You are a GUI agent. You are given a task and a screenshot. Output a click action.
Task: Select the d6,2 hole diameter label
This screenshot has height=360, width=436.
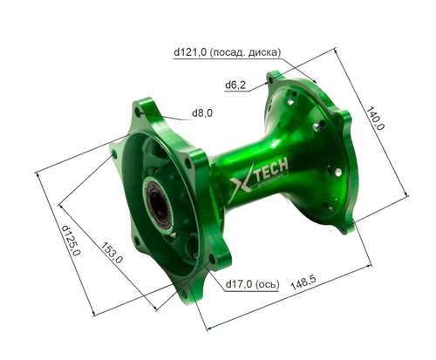click(x=236, y=85)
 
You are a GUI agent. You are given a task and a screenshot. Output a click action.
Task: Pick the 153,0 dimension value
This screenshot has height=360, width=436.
click(x=111, y=254)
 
